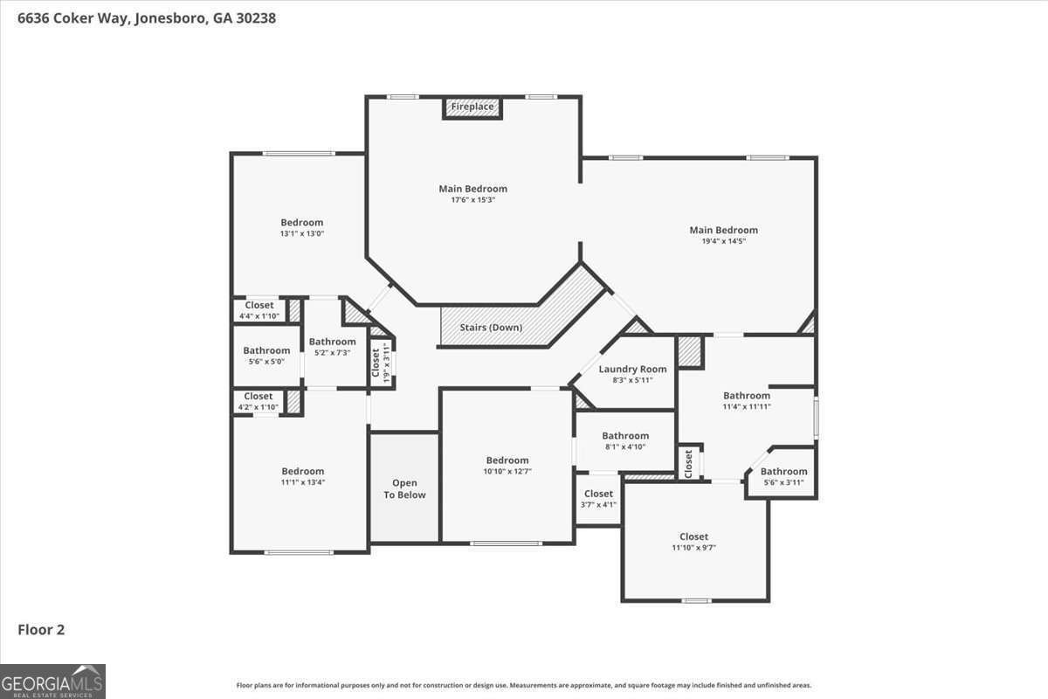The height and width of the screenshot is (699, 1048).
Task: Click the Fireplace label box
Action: point(472,107)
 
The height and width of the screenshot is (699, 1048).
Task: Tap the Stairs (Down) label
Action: point(491,328)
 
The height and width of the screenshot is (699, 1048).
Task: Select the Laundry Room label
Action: point(632,369)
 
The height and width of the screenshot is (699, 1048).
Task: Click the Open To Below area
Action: point(404,488)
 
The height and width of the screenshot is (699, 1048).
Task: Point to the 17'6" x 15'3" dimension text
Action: point(473,200)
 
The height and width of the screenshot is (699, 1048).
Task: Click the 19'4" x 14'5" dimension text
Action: point(724,241)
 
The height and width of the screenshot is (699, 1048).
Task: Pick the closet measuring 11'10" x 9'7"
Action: point(695,542)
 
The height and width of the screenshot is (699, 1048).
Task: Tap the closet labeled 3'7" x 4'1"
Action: point(598,499)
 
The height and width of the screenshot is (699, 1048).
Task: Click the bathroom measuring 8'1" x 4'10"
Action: point(625,441)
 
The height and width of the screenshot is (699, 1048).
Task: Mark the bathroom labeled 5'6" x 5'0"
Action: point(266,356)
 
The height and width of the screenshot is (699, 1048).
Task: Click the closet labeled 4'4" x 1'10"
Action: point(259,310)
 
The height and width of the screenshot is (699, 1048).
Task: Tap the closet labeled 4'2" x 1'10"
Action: point(259,401)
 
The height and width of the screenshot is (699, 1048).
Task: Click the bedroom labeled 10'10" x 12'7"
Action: point(507,466)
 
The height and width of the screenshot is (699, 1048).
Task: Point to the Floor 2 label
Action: point(41,630)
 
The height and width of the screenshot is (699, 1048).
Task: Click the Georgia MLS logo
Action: point(52,682)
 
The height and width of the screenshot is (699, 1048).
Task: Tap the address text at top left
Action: point(147,18)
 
